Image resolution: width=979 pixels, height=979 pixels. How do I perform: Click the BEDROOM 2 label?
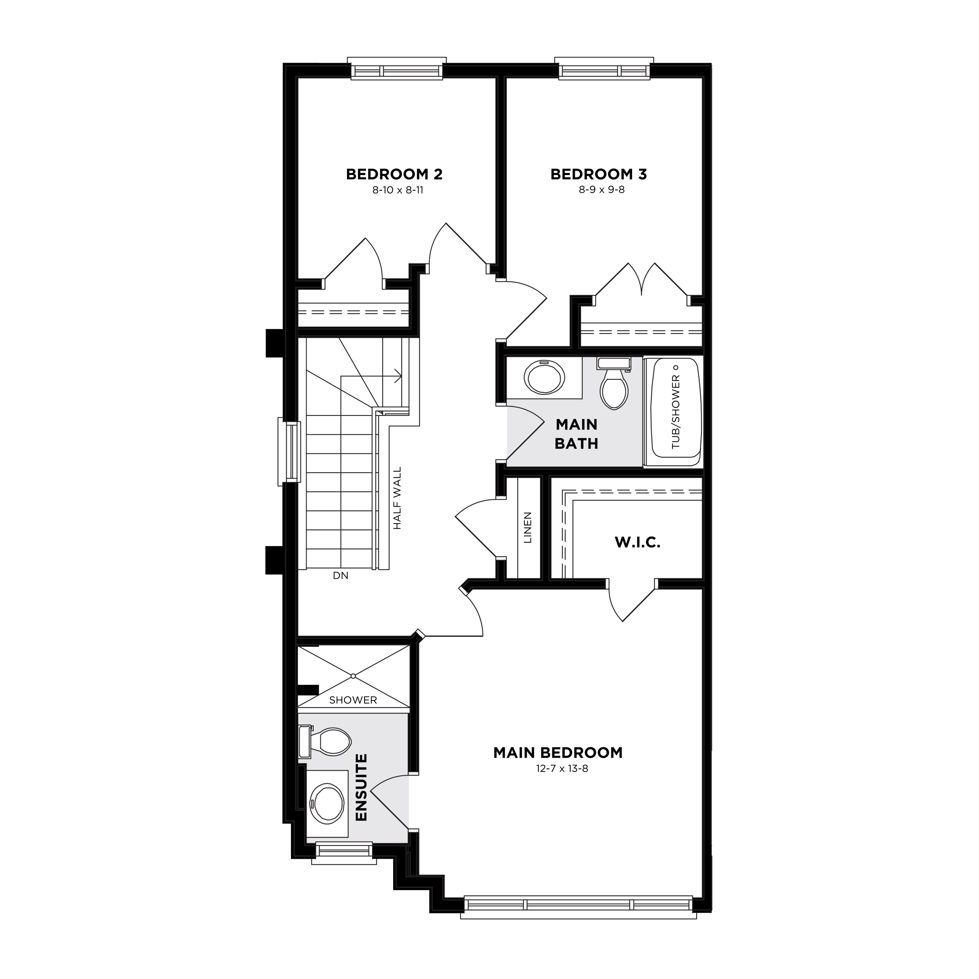(x=394, y=174)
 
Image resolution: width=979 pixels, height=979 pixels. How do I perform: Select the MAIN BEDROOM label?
(x=558, y=753)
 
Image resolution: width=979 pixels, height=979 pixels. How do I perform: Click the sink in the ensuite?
(x=326, y=804)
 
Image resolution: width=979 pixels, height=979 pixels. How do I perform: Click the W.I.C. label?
(x=638, y=543)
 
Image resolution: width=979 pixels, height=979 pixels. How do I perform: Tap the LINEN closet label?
(x=528, y=527)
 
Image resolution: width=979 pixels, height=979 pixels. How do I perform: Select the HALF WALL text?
(x=397, y=498)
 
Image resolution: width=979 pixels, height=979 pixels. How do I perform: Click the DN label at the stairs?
(x=341, y=576)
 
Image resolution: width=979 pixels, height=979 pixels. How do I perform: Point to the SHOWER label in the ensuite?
(x=353, y=700)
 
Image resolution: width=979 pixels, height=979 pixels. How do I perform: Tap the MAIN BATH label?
(x=577, y=434)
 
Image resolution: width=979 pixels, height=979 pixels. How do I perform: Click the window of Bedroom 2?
(x=397, y=69)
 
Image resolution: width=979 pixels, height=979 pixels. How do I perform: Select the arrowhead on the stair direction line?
(x=399, y=376)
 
